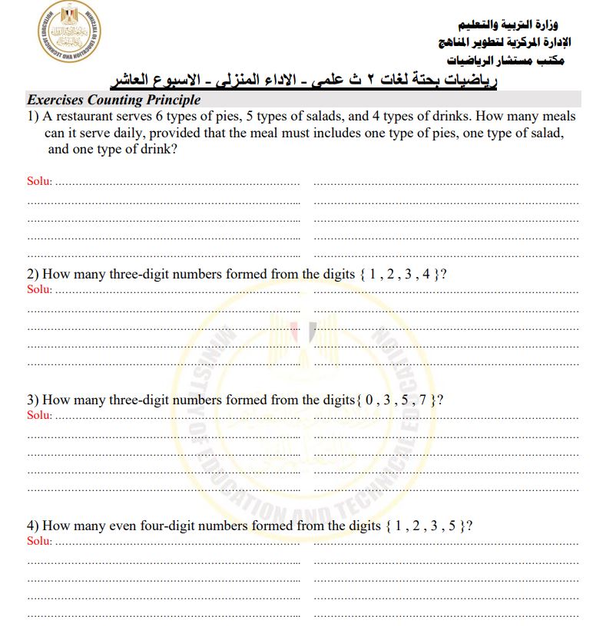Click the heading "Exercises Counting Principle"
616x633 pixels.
coord(114,100)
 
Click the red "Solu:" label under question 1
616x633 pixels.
coord(40,182)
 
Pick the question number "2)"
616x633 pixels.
coord(32,274)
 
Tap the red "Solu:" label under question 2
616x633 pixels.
coord(40,289)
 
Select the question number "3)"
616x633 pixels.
coord(32,400)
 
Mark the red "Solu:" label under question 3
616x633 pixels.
coord(40,415)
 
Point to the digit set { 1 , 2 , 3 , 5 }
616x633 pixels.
coord(425,526)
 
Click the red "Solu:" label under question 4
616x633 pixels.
coord(40,541)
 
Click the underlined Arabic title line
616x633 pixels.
coord(306,80)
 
